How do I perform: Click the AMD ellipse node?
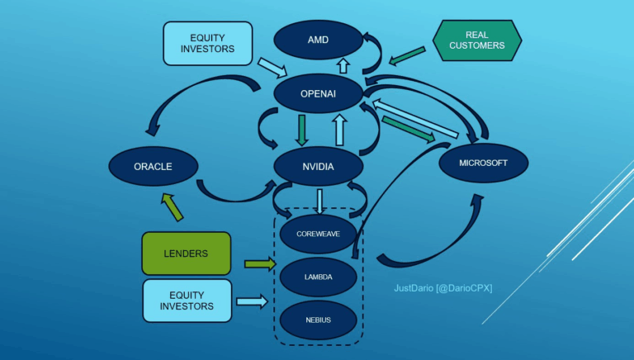tap(318, 40)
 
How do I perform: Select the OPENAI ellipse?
tap(318, 94)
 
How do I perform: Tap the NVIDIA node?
tap(318, 166)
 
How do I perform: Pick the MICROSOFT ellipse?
tap(484, 163)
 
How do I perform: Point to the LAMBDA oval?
tap(318, 277)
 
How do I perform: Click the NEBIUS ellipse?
tap(318, 318)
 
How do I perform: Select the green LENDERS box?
tap(186, 253)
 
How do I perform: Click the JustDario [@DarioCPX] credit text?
tap(442, 287)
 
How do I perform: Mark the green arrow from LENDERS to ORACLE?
tap(173, 206)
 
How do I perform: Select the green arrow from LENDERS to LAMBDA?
tap(258, 264)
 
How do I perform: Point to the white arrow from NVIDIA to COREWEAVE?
tap(319, 201)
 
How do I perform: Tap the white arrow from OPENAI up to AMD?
tap(343, 64)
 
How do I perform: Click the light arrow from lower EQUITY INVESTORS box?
tap(253, 302)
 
